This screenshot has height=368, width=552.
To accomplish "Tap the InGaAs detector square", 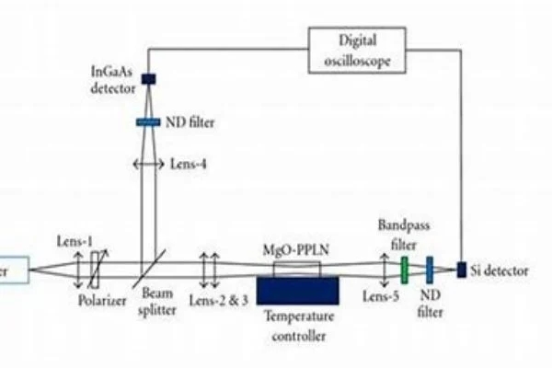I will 149,79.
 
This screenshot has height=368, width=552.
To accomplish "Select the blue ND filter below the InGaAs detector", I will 148,121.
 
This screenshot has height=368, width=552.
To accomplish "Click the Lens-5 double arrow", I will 385,269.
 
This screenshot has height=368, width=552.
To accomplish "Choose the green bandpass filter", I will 404,269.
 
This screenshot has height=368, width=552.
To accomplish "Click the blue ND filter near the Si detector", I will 430,269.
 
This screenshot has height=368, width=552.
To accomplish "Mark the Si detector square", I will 462,269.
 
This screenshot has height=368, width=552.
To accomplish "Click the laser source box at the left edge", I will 14,270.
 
